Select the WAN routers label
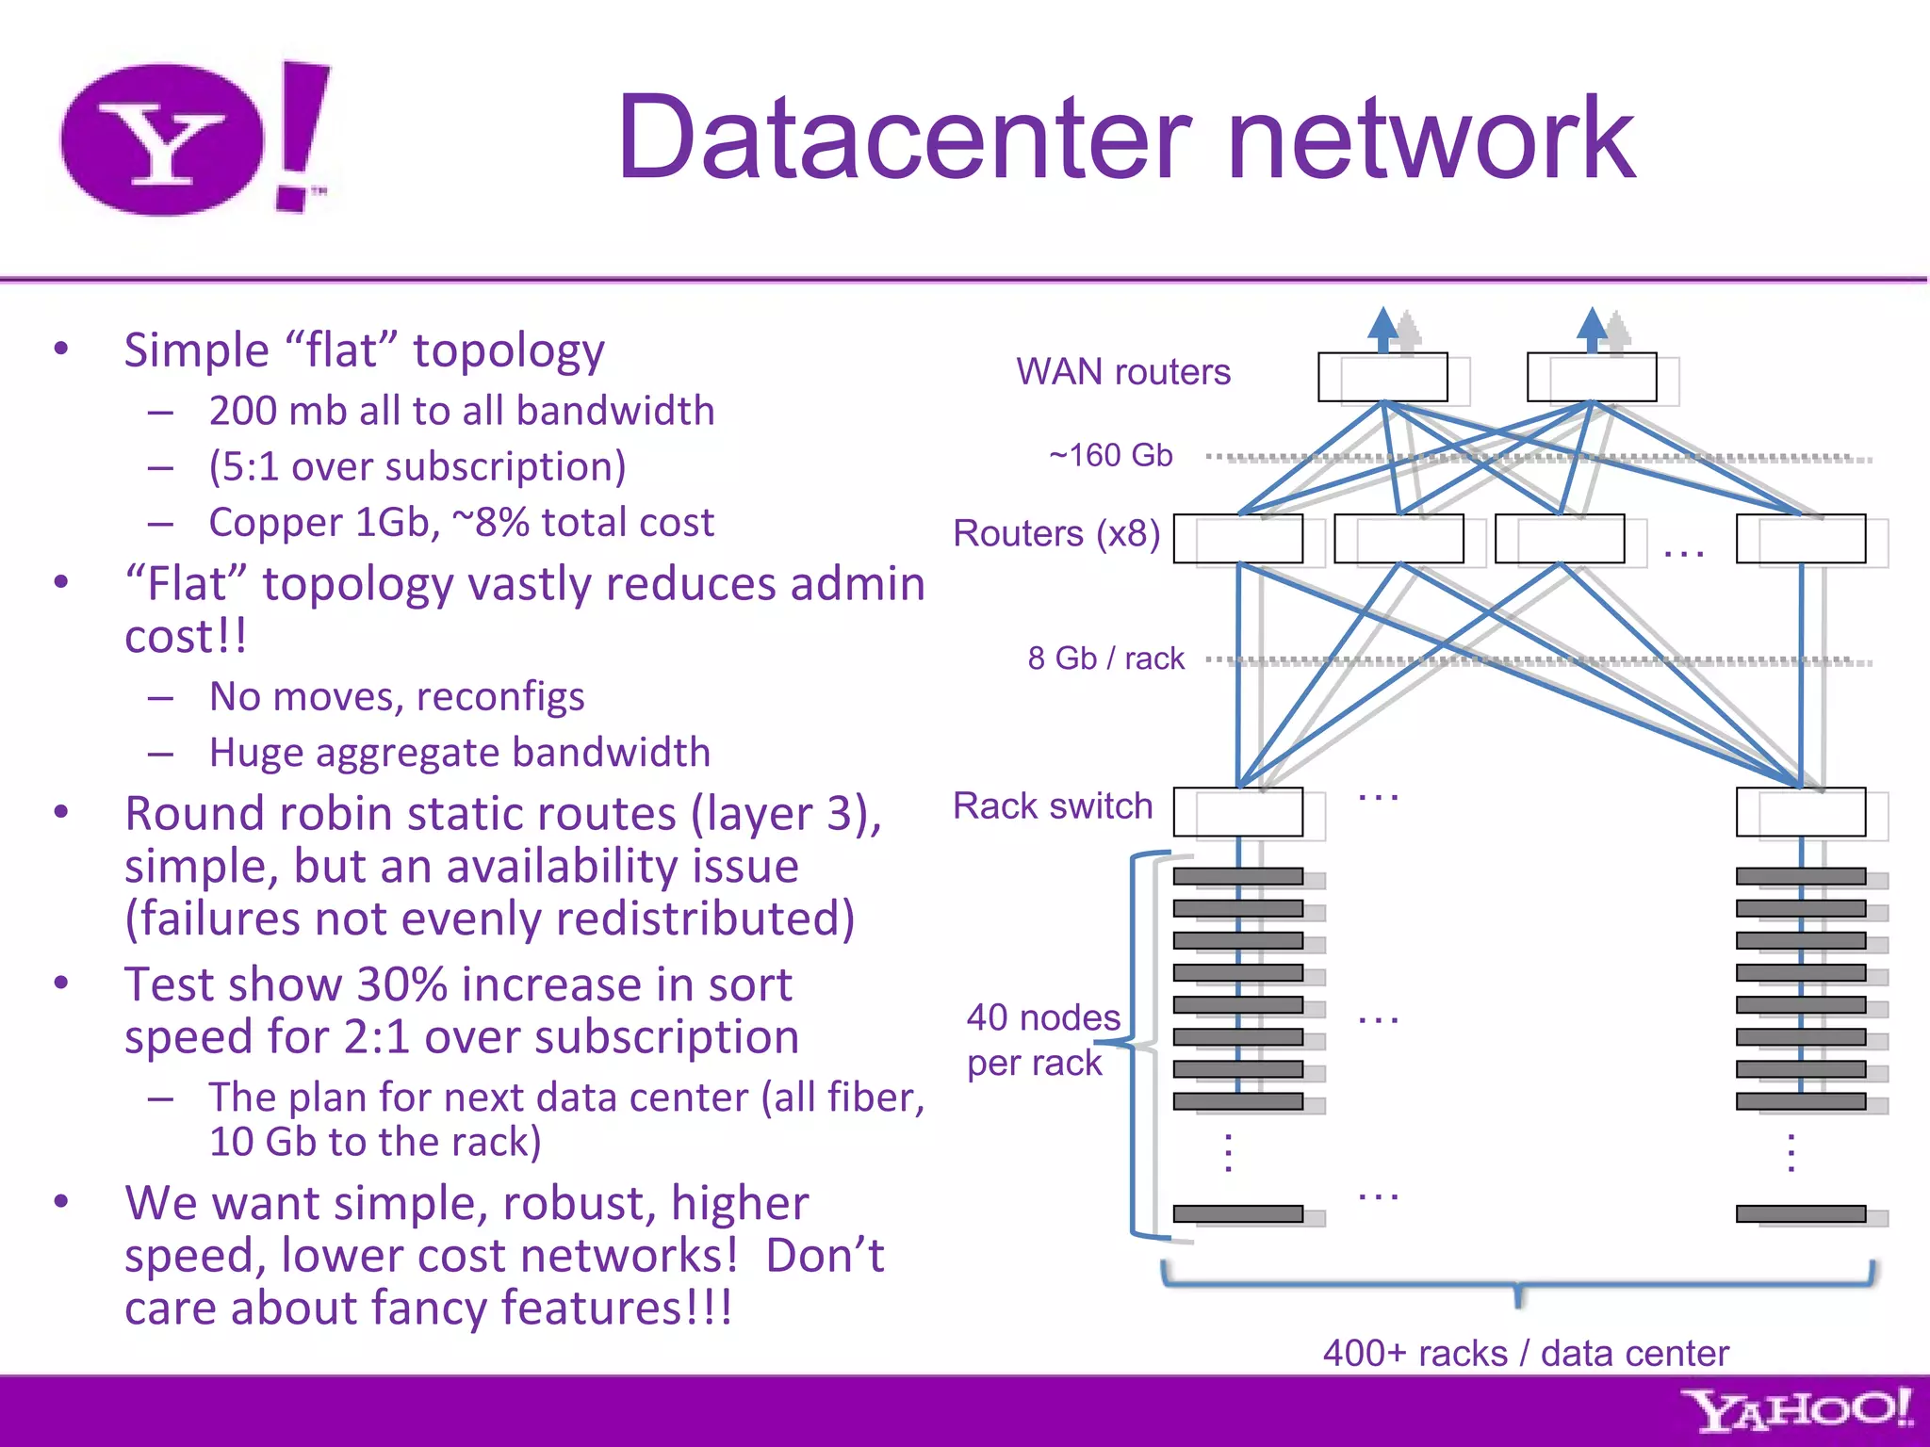tap(1122, 372)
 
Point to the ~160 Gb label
tap(1110, 456)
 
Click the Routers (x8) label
tap(1056, 534)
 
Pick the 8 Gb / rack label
tap(1105, 658)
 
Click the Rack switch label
tap(1053, 806)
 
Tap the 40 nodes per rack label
tap(1041, 1040)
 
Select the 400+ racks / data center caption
tap(1525, 1354)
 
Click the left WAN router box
tap(1382, 377)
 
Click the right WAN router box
tap(1592, 377)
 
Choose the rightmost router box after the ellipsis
tap(1801, 539)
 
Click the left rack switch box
tap(1238, 812)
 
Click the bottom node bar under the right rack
tap(1801, 1213)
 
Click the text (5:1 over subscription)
tap(417, 466)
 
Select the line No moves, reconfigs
tap(397, 697)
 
